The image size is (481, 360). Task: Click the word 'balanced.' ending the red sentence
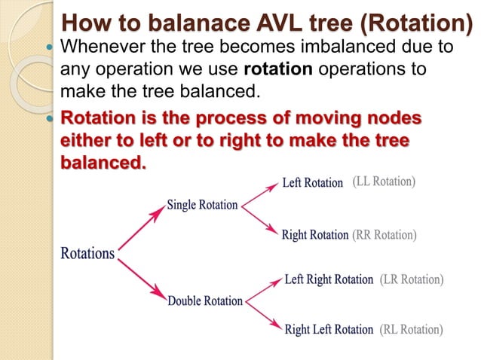[103, 163]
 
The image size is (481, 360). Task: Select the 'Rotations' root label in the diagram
[87, 254]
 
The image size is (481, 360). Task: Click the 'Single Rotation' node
[202, 205]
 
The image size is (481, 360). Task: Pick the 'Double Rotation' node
[205, 301]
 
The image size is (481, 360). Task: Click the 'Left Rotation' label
[312, 183]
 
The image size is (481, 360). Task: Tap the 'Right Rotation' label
[314, 235]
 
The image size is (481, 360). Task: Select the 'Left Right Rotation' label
[329, 280]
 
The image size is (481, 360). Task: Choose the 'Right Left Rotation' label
[329, 329]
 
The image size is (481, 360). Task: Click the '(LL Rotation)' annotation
[384, 182]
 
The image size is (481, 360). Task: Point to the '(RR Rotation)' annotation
[384, 235]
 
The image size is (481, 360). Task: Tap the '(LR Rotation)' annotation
[412, 280]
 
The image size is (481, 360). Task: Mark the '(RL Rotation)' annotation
[411, 329]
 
